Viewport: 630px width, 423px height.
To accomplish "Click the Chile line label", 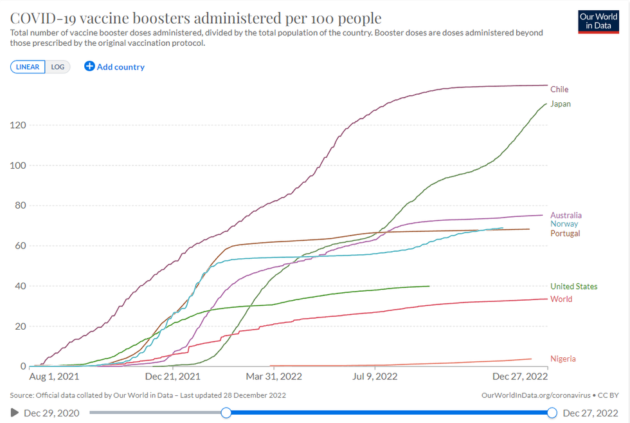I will (x=559, y=89).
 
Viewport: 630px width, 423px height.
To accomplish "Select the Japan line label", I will (x=561, y=104).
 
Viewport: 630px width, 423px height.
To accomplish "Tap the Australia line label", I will (x=566, y=215).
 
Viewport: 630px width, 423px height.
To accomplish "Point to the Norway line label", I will (x=564, y=224).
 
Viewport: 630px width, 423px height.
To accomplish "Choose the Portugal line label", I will (x=565, y=233).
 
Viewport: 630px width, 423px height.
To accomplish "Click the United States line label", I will (x=573, y=287).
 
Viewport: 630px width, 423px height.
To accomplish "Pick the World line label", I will (x=561, y=299).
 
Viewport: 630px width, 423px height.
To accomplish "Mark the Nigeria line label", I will (x=562, y=359).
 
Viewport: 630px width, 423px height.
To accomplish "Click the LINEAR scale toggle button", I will (x=28, y=67).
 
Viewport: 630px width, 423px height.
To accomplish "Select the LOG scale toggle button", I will (x=58, y=67).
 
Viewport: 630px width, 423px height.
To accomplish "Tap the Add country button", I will (x=114, y=67).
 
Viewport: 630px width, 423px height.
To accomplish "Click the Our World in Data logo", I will (x=598, y=22).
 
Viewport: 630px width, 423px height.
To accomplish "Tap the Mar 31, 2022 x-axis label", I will (x=274, y=376).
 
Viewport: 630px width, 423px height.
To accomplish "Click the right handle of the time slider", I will (x=552, y=413).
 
